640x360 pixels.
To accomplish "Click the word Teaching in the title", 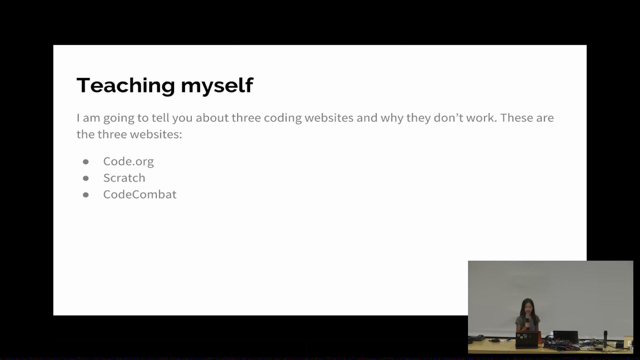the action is (126, 86).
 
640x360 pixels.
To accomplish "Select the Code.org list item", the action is (128, 162).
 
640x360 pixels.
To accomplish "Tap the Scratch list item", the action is (124, 178).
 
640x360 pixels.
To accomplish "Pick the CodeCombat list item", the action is (140, 194).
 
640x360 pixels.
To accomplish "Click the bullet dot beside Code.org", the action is (86, 162).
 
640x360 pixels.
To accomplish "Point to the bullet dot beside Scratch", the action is (86, 178).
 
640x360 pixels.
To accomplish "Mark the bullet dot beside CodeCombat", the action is (86, 195).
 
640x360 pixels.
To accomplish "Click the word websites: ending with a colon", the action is (156, 134).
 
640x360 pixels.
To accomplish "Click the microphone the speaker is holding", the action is (527, 322).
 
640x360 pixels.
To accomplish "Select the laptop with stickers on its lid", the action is (527, 339).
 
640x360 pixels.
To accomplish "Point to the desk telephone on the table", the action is (476, 338).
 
